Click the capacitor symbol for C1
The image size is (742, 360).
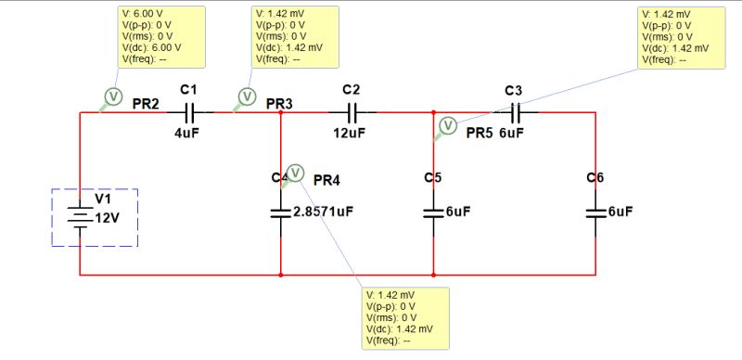tap(189, 112)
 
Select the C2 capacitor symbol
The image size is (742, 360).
tap(352, 112)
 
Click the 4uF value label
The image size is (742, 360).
tap(188, 133)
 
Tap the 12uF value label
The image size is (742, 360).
tap(351, 133)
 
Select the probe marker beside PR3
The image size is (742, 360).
tap(247, 96)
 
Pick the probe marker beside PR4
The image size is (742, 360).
tap(296, 172)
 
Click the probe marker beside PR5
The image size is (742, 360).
tap(448, 125)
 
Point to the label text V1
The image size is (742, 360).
tap(102, 199)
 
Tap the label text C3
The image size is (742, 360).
tap(514, 90)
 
